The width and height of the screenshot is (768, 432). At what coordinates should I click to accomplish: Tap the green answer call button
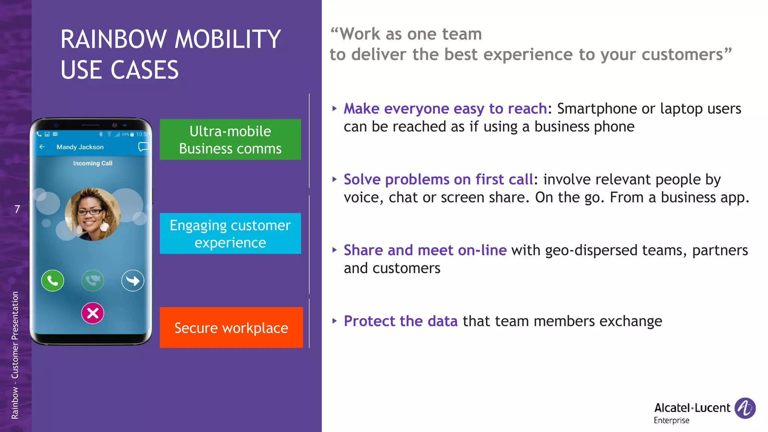[x=52, y=280]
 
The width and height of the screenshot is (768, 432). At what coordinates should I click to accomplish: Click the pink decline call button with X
[x=93, y=313]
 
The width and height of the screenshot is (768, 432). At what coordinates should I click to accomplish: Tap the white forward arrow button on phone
[x=133, y=280]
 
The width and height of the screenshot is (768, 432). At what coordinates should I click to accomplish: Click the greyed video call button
[x=93, y=280]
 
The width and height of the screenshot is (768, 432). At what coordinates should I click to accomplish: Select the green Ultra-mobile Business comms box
[x=230, y=139]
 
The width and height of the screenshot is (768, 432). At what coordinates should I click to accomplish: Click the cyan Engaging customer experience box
[x=230, y=233]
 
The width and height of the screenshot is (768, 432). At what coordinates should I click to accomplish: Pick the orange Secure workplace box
[x=231, y=327]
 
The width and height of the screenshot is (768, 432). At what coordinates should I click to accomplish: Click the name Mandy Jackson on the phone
[x=80, y=147]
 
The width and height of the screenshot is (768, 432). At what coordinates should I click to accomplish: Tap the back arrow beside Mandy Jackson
[x=42, y=147]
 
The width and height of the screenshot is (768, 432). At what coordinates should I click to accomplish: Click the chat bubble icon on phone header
[x=143, y=147]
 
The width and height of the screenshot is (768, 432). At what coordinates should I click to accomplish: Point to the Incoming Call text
[x=93, y=163]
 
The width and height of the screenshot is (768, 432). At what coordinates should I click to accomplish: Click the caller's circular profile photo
[x=93, y=214]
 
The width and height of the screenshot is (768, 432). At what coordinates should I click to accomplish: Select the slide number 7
[x=17, y=209]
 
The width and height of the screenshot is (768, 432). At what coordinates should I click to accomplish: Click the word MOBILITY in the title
[x=227, y=39]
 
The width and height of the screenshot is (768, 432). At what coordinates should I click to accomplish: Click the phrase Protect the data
[x=400, y=321]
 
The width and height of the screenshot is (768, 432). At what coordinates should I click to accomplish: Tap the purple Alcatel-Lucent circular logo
[x=745, y=408]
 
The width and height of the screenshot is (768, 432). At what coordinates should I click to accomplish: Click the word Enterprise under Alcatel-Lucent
[x=671, y=420]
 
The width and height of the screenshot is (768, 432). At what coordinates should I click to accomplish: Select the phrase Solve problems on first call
[x=438, y=179]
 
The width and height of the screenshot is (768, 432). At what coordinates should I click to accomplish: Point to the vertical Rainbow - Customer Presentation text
[x=15, y=355]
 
